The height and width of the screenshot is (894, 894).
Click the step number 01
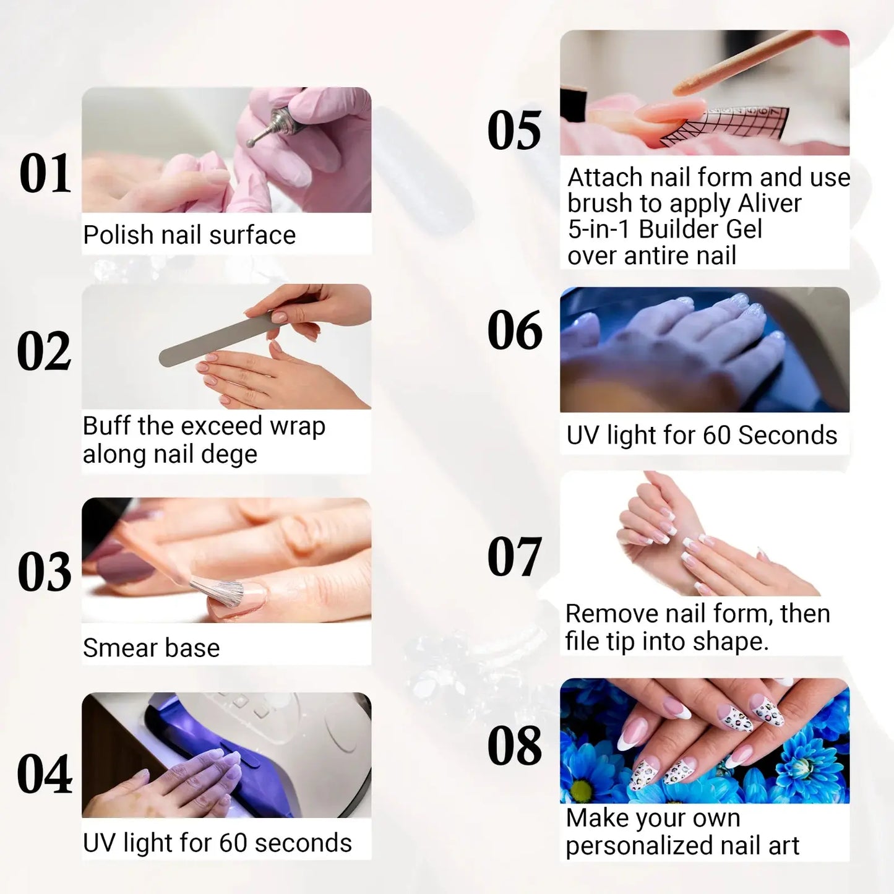(x=45, y=174)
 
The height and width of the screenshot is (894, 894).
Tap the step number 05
(x=514, y=131)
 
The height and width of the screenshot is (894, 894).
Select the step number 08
(x=514, y=746)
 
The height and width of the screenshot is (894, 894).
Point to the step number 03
(x=45, y=572)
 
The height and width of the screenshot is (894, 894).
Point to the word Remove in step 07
(x=611, y=614)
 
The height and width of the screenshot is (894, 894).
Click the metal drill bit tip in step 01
(x=252, y=142)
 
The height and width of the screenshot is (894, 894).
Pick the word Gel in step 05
(x=746, y=230)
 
